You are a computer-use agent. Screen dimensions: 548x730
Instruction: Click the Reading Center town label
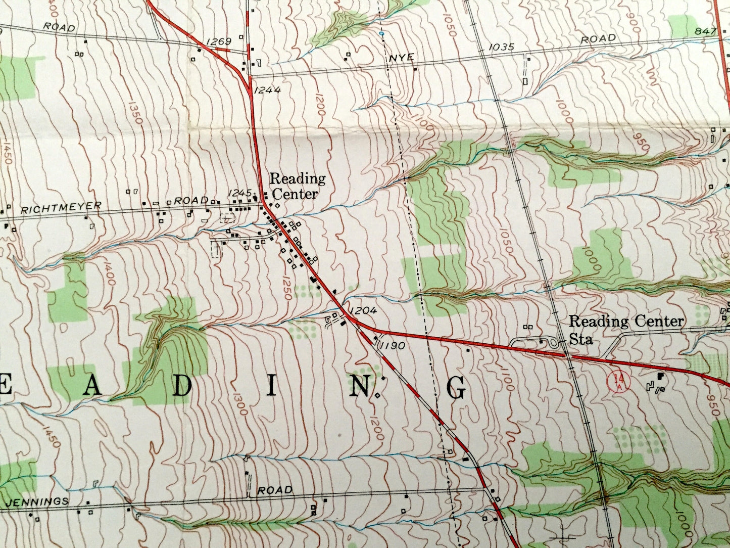point(297,186)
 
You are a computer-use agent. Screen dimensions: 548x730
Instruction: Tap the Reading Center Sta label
point(626,329)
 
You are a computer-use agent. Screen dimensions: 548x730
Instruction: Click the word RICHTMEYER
point(61,207)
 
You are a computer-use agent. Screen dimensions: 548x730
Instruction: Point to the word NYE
point(402,58)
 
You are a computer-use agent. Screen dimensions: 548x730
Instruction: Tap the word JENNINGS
point(38,501)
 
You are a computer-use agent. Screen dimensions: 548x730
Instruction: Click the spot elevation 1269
point(218,41)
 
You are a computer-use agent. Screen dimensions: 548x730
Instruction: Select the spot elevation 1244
point(267,90)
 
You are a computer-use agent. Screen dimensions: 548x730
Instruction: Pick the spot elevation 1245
point(240,193)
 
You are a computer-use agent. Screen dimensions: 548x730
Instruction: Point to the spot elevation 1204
point(363,311)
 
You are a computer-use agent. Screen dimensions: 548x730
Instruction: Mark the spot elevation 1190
point(392,346)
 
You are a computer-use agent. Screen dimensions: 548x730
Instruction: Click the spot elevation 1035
point(501,48)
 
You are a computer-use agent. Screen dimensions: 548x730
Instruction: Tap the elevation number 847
point(705,31)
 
